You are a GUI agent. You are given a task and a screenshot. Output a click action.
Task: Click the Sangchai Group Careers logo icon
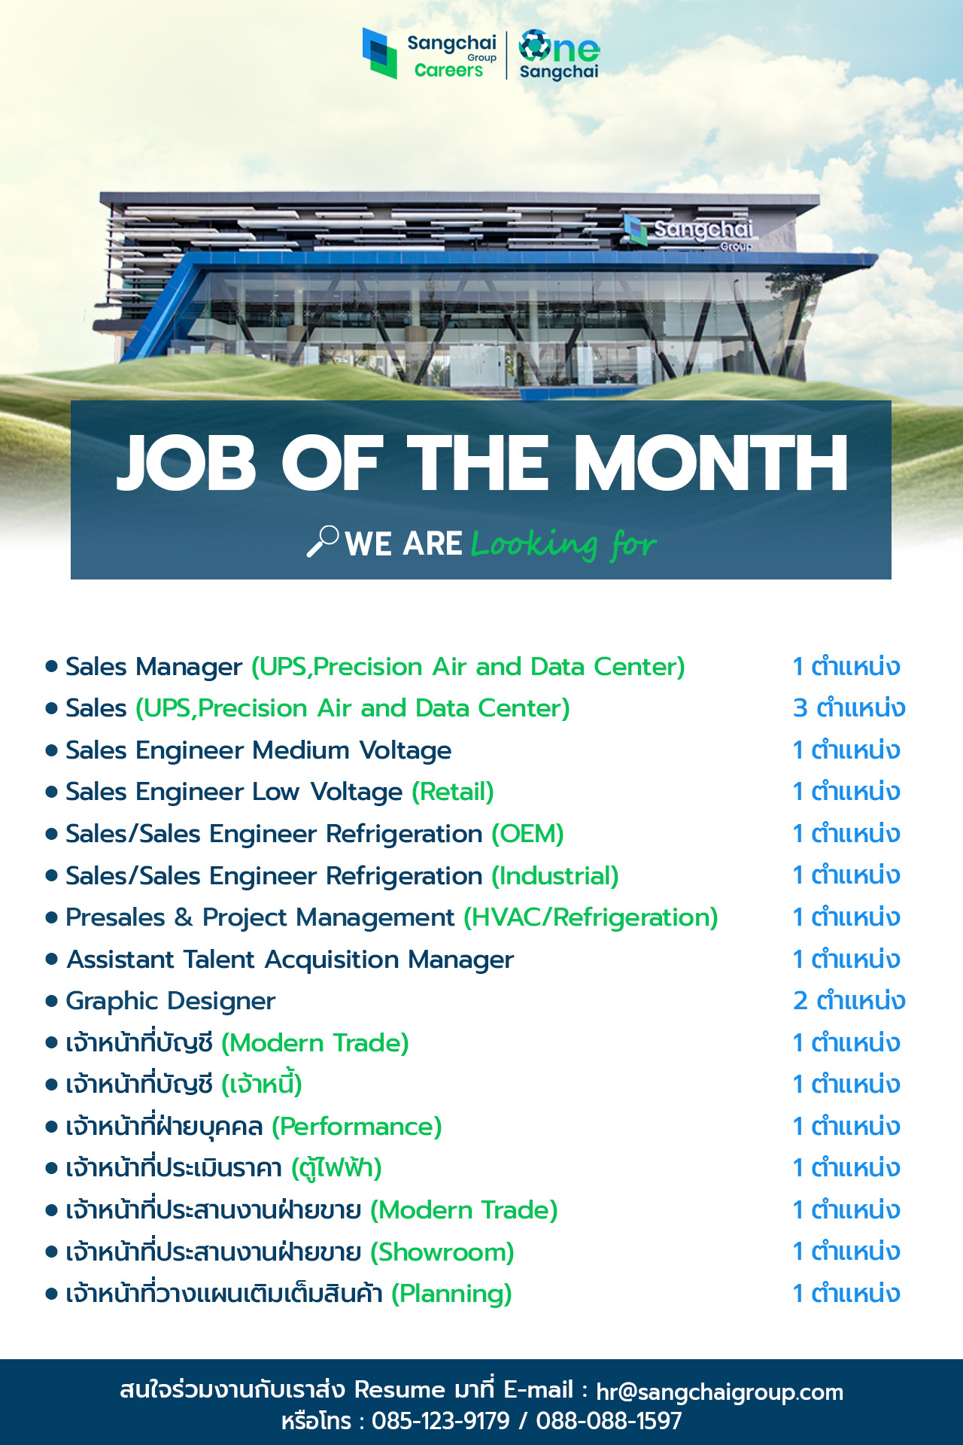(380, 53)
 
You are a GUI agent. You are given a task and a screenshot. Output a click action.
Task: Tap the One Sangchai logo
(559, 55)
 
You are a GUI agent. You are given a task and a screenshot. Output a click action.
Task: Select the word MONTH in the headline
(712, 463)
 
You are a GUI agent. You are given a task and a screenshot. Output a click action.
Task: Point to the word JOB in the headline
(187, 463)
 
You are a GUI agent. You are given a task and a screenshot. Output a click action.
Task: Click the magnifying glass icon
(323, 541)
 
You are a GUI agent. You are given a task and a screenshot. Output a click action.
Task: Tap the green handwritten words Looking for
(564, 543)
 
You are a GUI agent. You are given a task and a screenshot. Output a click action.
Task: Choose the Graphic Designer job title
(171, 1001)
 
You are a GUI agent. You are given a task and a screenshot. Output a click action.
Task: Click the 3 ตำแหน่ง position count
(849, 708)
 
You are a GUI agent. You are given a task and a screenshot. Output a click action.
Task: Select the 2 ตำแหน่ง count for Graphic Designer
(849, 1001)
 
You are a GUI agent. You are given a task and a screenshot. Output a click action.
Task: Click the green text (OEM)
(528, 834)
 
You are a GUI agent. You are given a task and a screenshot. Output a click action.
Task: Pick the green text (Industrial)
(555, 876)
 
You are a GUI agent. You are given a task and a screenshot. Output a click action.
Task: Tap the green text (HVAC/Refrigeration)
(591, 917)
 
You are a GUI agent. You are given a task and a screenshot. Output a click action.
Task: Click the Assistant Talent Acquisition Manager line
(290, 960)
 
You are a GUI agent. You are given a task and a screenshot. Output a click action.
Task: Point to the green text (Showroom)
(442, 1252)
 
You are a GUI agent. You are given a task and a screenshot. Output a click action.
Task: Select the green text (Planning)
(451, 1294)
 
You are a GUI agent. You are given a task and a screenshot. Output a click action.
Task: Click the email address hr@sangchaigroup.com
(720, 1392)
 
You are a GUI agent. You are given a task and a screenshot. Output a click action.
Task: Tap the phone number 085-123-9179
(441, 1421)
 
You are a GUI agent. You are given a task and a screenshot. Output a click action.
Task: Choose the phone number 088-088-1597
(609, 1421)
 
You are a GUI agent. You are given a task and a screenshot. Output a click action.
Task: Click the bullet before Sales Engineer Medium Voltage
(52, 750)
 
